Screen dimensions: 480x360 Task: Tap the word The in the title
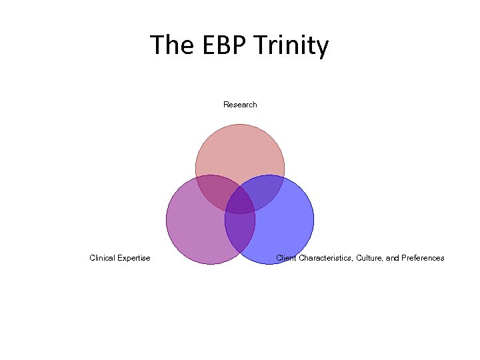point(171,46)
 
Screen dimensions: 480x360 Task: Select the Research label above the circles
point(240,105)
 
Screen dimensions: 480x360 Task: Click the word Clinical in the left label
point(103,258)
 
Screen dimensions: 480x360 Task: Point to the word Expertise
point(135,258)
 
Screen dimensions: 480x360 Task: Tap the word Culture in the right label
point(369,258)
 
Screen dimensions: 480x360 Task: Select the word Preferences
point(423,258)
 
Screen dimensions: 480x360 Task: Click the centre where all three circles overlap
point(240,202)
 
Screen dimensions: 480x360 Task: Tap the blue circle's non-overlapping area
point(283,227)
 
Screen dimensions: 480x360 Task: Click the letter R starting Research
point(226,105)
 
